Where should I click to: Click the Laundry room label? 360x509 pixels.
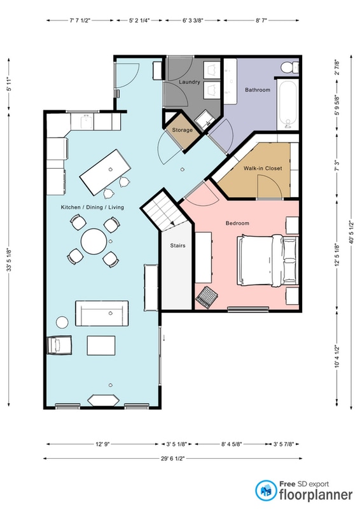click(190, 82)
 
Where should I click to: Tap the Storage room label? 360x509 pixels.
click(182, 130)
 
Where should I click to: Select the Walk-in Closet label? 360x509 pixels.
click(263, 168)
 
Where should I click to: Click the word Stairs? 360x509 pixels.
click(177, 246)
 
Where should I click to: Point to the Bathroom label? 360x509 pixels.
click(258, 90)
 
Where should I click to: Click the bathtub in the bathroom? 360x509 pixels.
click(287, 104)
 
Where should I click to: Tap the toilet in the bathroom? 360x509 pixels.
click(289, 67)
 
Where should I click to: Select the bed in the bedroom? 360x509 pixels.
click(268, 260)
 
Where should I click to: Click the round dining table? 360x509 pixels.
click(93, 241)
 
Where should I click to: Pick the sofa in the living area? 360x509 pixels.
click(102, 313)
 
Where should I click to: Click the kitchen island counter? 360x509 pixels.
click(106, 172)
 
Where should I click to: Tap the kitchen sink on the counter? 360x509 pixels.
click(87, 121)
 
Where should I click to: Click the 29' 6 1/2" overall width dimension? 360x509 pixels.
click(172, 458)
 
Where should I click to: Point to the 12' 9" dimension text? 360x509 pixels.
click(102, 443)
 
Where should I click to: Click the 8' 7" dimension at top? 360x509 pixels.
click(261, 20)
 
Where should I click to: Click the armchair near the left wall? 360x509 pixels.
click(60, 345)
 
